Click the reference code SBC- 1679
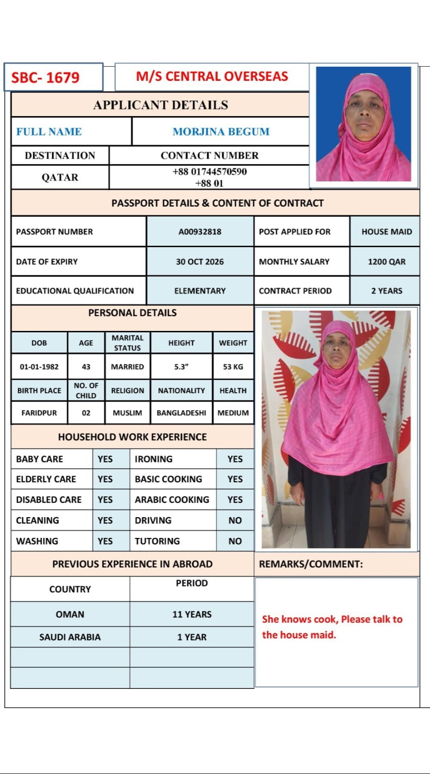(46, 77)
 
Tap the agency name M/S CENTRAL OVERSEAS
(212, 76)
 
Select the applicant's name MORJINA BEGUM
(221, 132)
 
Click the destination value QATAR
(60, 178)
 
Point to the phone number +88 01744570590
(210, 172)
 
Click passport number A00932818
(200, 232)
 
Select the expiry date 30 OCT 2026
(200, 262)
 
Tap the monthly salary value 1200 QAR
(386, 262)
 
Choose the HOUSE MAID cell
(386, 232)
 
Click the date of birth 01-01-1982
(39, 367)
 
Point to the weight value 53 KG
(233, 367)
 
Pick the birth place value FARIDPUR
(39, 413)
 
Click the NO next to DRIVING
(235, 521)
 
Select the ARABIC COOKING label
(172, 500)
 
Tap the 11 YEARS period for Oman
(192, 614)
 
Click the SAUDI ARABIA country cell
(70, 637)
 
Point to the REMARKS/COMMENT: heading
(311, 564)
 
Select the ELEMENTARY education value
(200, 291)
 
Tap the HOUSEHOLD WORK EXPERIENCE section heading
(132, 437)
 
